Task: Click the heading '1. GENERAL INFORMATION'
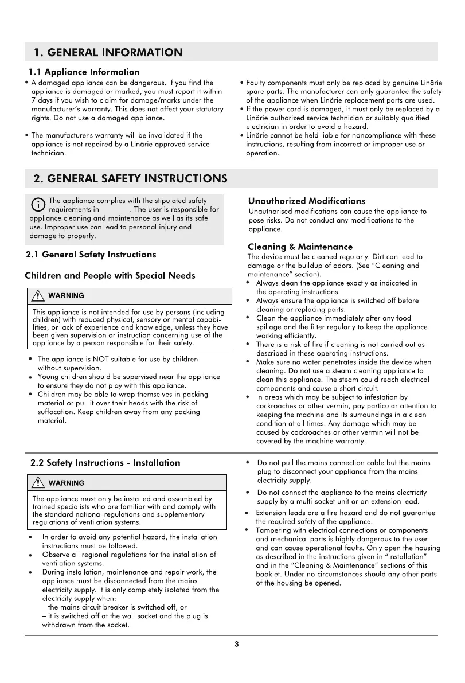click(x=108, y=53)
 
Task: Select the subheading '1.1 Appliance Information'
click(x=84, y=72)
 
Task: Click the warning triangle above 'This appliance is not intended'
click(x=39, y=296)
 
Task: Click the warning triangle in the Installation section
click(x=39, y=483)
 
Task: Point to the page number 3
click(x=237, y=644)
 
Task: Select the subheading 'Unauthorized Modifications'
click(x=306, y=201)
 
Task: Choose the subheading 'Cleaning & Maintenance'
click(x=300, y=247)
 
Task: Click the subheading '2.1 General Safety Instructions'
click(x=91, y=254)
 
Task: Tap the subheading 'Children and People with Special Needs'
click(x=110, y=275)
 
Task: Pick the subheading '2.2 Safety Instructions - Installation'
click(x=105, y=463)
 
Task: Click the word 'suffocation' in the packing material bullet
click(x=57, y=412)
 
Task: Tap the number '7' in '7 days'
click(x=33, y=100)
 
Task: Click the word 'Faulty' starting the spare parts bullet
click(x=256, y=83)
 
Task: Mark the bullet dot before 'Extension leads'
click(x=247, y=513)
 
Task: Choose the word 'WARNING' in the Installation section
click(x=66, y=483)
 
